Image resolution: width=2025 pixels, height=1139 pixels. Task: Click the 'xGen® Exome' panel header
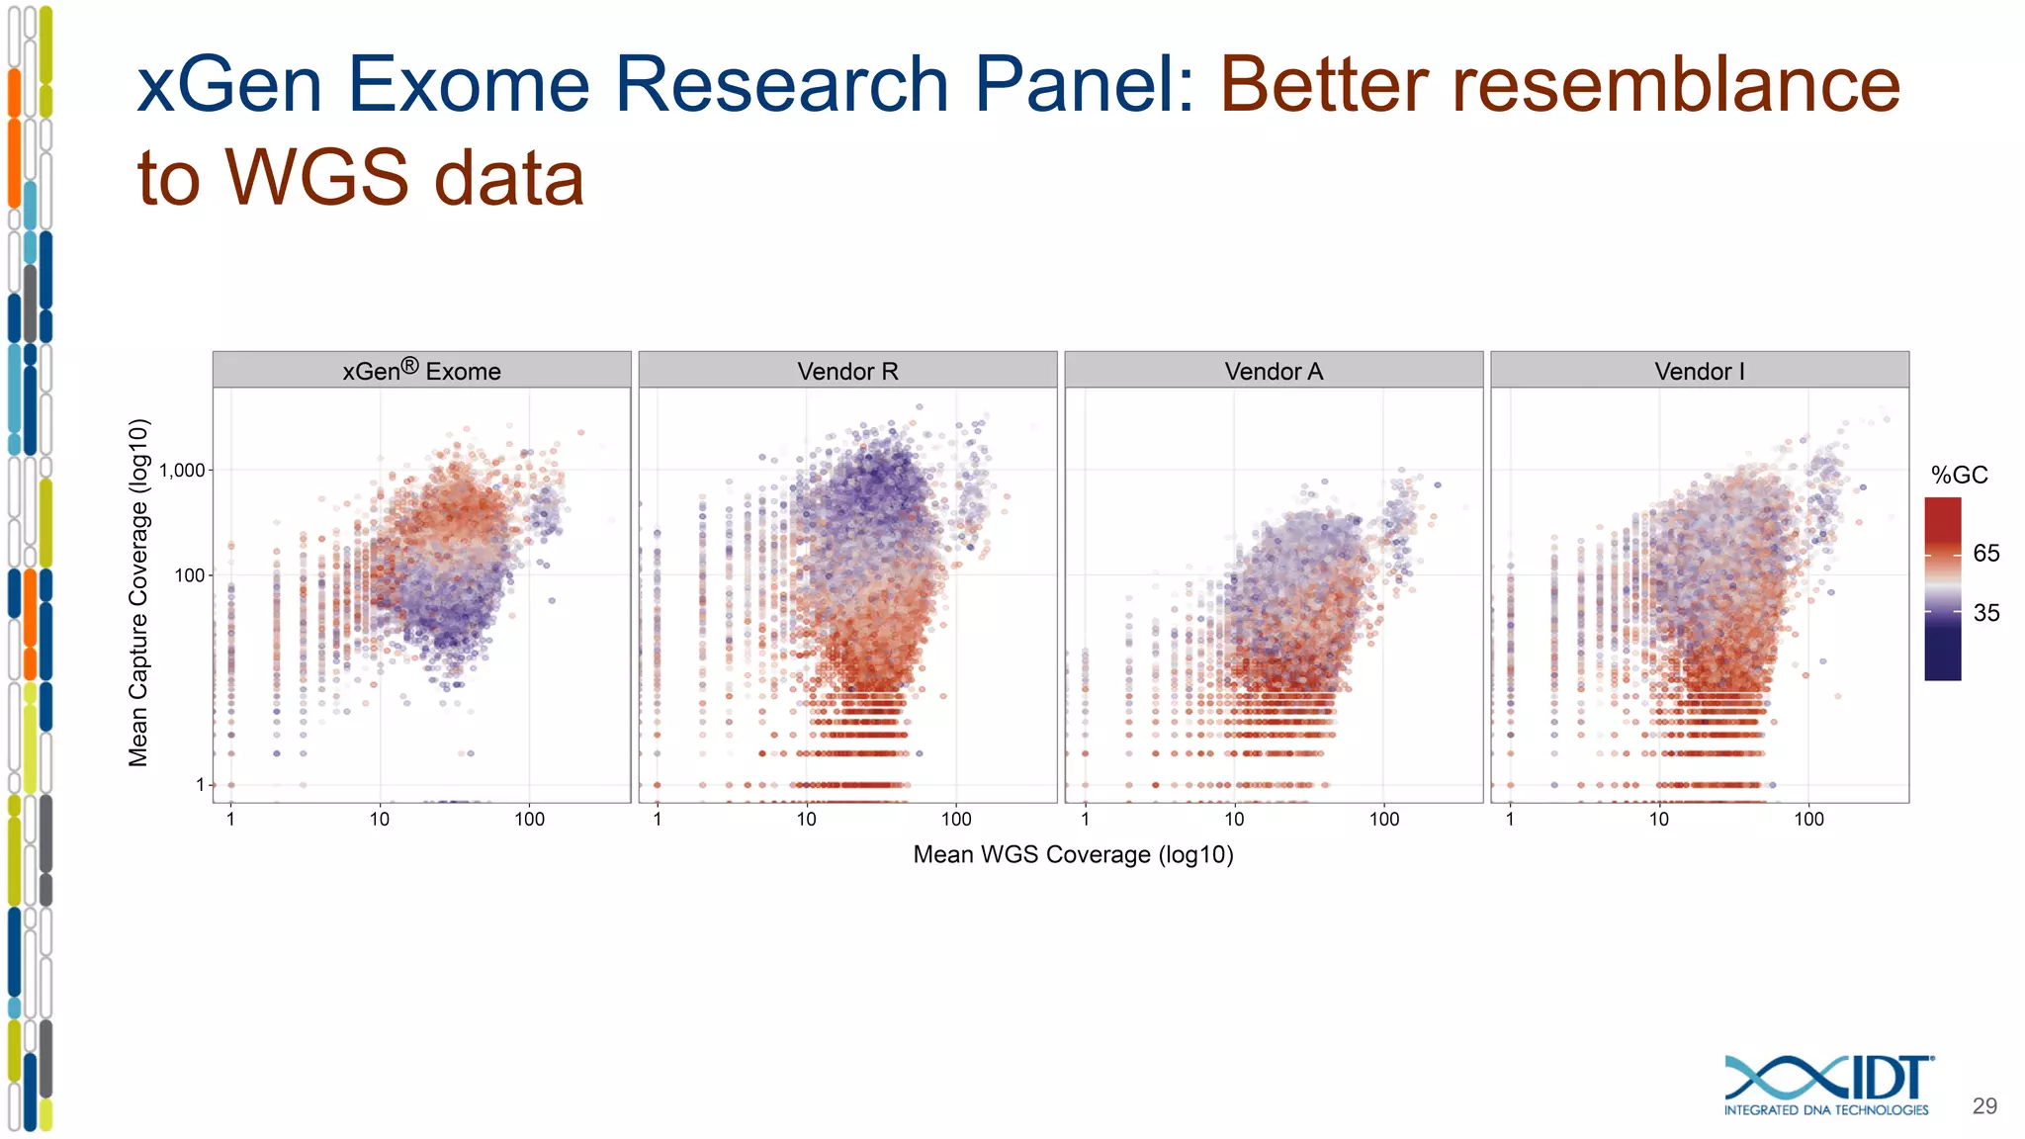421,371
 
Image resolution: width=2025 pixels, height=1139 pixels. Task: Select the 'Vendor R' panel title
847,371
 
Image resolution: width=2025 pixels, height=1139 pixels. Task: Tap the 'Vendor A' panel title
1274,371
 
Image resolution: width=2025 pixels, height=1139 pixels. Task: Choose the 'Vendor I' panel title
1700,371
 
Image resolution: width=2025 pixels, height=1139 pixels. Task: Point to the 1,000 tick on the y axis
182,471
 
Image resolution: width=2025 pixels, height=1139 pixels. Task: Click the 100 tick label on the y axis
189,575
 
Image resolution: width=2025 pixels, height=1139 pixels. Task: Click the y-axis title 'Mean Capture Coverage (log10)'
138,592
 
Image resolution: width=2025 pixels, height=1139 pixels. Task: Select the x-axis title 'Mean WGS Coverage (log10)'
1073,854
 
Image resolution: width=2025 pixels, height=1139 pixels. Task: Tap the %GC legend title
1959,476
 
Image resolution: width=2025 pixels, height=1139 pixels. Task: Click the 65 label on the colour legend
1985,554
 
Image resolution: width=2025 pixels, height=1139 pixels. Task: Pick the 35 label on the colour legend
1985,613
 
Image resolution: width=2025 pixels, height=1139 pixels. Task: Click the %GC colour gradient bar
1942,589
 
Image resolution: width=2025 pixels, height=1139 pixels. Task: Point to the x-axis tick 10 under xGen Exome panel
380,819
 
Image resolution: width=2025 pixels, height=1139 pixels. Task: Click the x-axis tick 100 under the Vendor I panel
1808,819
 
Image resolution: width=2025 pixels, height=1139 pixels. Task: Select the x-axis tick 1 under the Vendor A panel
1085,819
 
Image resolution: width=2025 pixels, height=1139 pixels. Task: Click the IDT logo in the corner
1827,1086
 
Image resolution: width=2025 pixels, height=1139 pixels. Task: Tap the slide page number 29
1984,1106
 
